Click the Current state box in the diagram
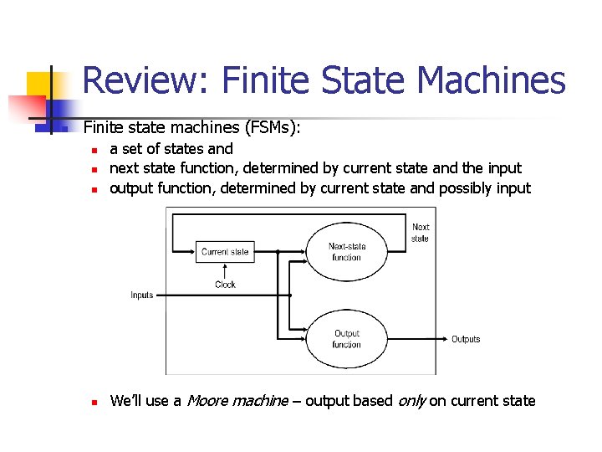225,251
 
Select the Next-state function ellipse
346,252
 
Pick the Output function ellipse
346,338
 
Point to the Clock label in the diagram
225,285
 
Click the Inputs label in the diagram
142,295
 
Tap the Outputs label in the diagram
466,339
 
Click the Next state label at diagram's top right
421,233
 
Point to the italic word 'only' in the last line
411,401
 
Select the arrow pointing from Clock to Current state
225,270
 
